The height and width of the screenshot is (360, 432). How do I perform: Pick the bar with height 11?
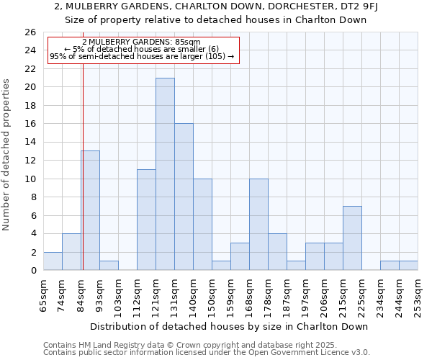click(x=146, y=220)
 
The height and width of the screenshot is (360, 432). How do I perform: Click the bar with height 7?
click(x=352, y=238)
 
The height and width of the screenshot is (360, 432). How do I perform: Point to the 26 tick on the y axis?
click(x=30, y=32)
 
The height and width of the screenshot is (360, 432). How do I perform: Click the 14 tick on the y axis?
click(x=30, y=143)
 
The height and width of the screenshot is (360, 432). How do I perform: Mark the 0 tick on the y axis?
click(x=33, y=271)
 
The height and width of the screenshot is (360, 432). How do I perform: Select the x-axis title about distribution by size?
click(x=229, y=326)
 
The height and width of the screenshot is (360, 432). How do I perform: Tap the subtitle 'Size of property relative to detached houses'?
click(x=216, y=20)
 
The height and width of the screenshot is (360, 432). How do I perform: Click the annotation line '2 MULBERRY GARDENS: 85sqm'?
click(x=142, y=42)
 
